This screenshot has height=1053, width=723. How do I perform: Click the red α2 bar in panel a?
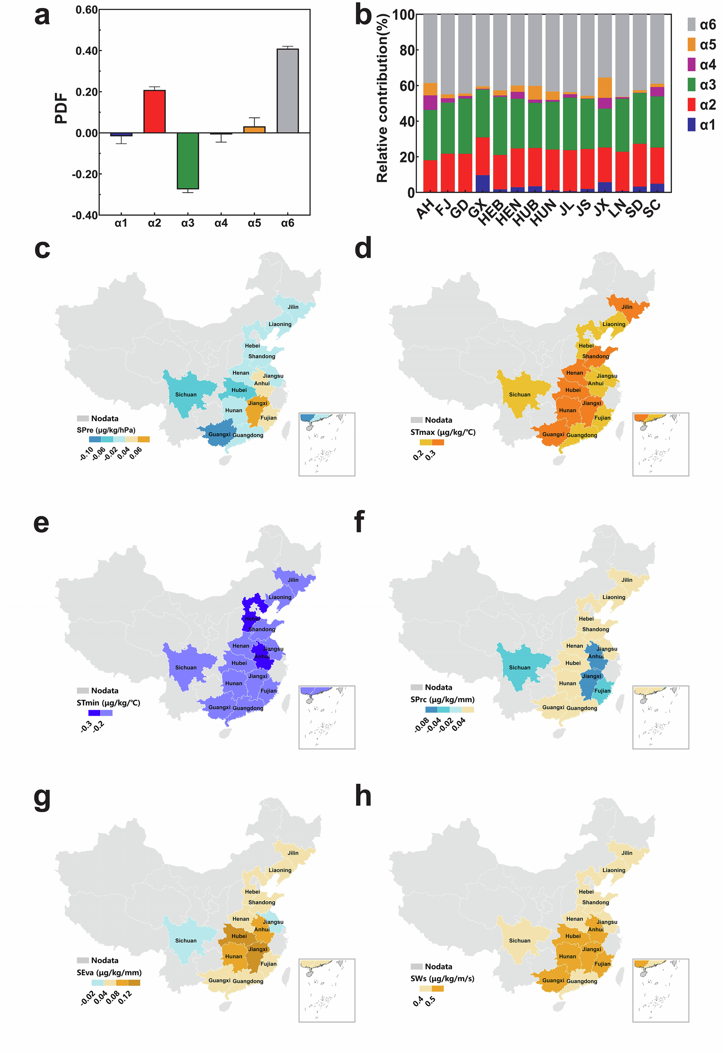click(x=155, y=112)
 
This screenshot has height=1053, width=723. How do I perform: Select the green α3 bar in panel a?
click(x=187, y=161)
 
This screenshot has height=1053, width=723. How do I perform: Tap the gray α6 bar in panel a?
click(x=288, y=91)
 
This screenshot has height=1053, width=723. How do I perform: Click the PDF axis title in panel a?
click(x=61, y=109)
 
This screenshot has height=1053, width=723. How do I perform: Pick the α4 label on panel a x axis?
click(x=221, y=223)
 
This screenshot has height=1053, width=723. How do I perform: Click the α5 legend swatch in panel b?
click(x=691, y=44)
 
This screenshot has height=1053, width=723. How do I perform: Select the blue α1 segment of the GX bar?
click(x=483, y=184)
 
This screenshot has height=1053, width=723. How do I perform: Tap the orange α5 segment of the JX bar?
click(x=605, y=88)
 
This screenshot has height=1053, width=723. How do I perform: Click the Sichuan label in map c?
click(x=186, y=395)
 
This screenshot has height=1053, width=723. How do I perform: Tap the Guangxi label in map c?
click(x=219, y=434)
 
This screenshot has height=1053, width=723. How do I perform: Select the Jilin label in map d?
click(x=627, y=307)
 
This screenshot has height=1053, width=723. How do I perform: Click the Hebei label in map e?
click(x=252, y=618)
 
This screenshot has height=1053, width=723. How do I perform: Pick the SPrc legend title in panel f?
click(x=442, y=699)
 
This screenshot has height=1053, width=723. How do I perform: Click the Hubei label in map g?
click(x=239, y=935)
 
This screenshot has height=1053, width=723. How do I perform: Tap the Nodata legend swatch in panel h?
click(x=416, y=967)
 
